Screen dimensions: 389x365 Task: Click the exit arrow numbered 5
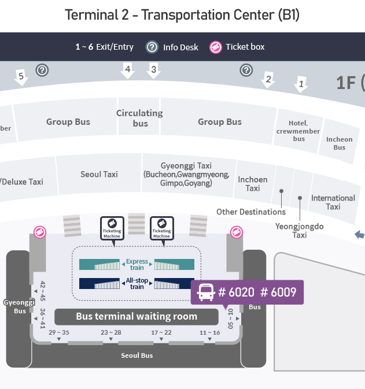(21, 77)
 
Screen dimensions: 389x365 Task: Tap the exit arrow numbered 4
(127, 71)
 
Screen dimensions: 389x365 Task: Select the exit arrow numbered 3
(153, 71)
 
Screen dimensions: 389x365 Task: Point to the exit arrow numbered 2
(267, 80)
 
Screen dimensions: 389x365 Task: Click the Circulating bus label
(140, 118)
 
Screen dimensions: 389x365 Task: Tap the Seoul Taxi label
(99, 174)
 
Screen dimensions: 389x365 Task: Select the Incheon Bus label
(339, 143)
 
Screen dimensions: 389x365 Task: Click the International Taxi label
(333, 202)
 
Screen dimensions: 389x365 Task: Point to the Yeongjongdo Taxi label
(299, 231)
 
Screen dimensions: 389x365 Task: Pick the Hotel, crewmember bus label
(298, 131)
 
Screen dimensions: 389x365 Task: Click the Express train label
(137, 264)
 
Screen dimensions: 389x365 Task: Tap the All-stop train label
(137, 283)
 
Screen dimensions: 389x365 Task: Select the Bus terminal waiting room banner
(137, 316)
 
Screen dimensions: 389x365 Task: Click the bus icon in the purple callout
(206, 292)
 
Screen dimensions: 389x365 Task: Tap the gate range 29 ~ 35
(59, 332)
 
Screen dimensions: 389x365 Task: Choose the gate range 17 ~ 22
(161, 332)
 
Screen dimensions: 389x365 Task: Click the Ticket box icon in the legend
(216, 47)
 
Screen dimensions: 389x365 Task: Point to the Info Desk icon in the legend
(152, 47)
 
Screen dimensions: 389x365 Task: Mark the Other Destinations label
(251, 212)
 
